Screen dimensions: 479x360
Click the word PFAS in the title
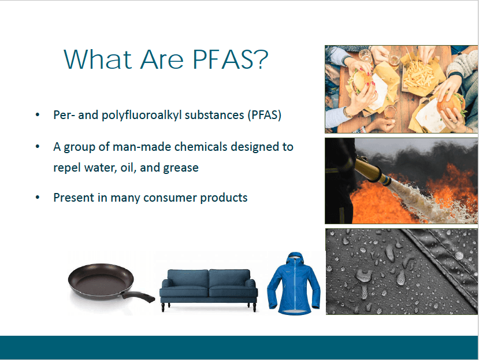pyautogui.click(x=222, y=59)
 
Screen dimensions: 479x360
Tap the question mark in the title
pyautogui.click(x=261, y=59)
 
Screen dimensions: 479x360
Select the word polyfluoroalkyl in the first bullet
pyautogui.click(x=142, y=116)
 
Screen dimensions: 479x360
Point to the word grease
pyautogui.click(x=181, y=168)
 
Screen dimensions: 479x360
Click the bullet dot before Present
pyautogui.click(x=38, y=198)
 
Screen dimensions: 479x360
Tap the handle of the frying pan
pyautogui.click(x=138, y=296)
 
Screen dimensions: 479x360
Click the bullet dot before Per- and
pyautogui.click(x=38, y=115)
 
